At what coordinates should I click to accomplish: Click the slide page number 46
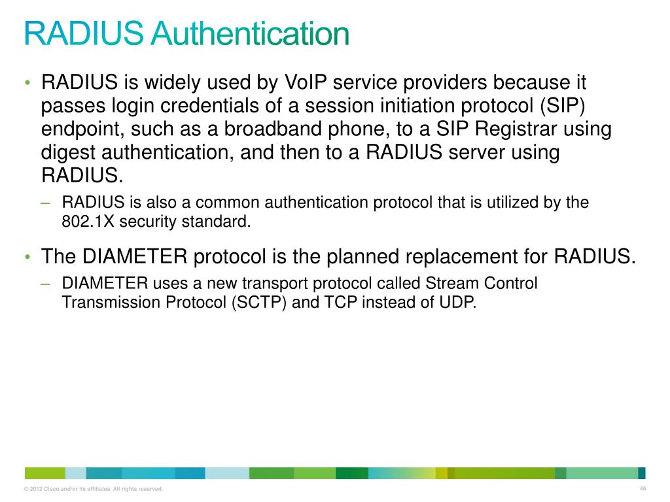click(x=643, y=489)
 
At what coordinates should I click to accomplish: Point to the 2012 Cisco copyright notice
click(x=93, y=490)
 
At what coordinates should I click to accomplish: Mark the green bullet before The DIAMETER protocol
click(x=28, y=256)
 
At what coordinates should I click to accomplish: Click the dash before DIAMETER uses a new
click(x=45, y=284)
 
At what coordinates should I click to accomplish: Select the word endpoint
click(x=78, y=129)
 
